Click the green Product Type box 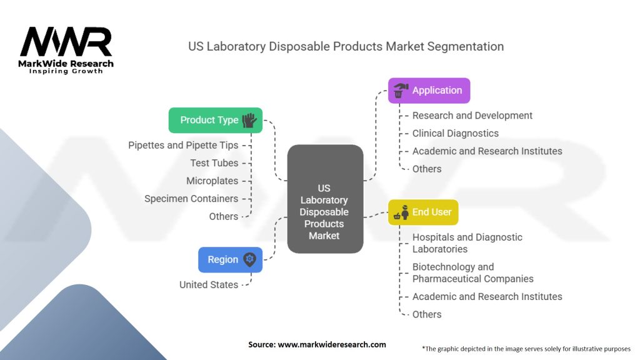pos(215,120)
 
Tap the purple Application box pos(429,90)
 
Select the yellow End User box pos(423,212)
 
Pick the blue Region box pos(230,259)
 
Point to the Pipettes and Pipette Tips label pos(183,145)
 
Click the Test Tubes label pos(214,163)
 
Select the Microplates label pos(212,181)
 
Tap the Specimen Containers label pos(191,199)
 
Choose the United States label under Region pos(209,284)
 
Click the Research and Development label pos(472,116)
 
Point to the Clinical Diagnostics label pos(456,133)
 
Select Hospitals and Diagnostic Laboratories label pos(467,243)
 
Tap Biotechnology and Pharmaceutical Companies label pos(472,272)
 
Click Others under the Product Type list pos(224,216)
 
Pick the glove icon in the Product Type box pos(249,120)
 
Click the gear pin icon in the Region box pos(249,259)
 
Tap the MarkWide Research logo pos(66,51)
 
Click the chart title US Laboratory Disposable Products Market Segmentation pos(346,47)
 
